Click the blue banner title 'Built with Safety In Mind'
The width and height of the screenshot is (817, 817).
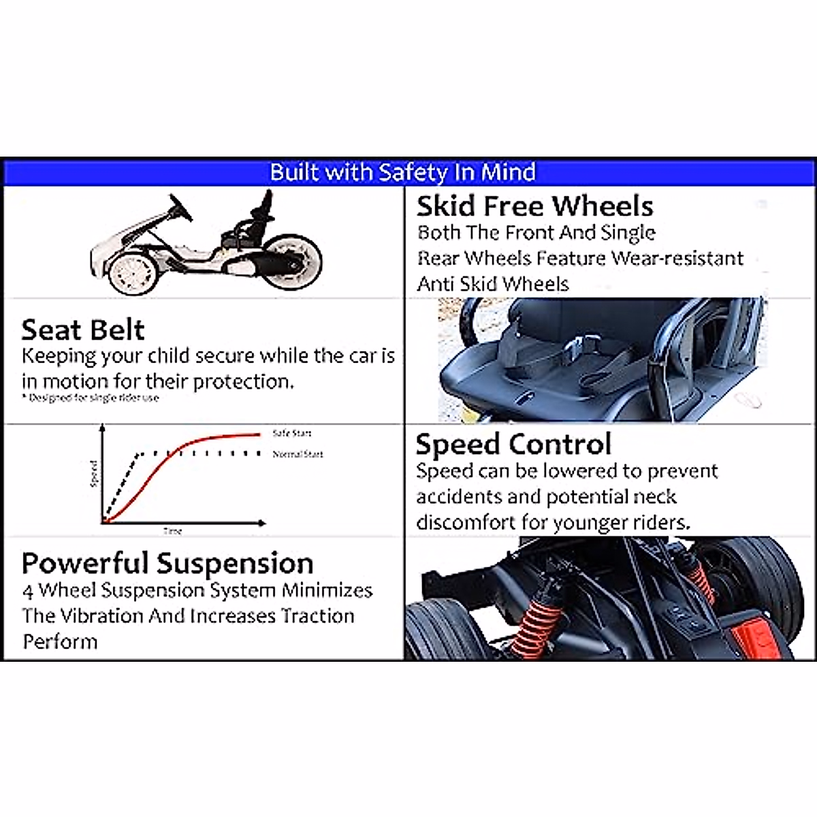tap(403, 172)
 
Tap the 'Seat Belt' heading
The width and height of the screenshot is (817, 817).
tap(82, 330)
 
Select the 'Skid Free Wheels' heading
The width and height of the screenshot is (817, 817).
tap(534, 206)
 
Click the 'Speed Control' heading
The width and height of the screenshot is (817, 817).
tap(513, 445)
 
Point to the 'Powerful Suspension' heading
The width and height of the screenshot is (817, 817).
tap(167, 564)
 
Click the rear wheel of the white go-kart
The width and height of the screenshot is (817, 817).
tap(291, 262)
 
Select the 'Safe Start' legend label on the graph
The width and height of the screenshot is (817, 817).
tap(292, 433)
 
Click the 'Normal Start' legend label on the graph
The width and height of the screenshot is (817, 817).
tap(298, 454)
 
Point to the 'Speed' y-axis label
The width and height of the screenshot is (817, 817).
tap(94, 474)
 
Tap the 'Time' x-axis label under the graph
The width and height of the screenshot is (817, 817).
tap(172, 531)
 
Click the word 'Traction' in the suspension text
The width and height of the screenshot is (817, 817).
tap(317, 616)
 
